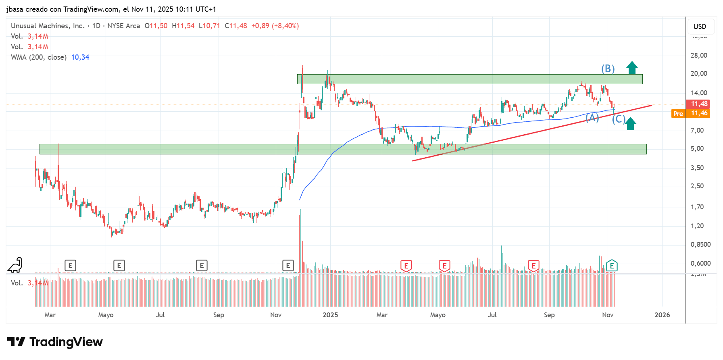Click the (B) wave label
pos(608,69)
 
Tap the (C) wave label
pos(619,119)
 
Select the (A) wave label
pos(592,117)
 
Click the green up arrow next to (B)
pos(632,68)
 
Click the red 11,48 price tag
pos(699,104)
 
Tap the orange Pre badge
pos(678,114)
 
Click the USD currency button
pos(700,27)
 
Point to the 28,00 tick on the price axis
pos(699,55)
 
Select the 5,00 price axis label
pos(697,148)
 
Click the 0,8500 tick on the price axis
pos(700,244)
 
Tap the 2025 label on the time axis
pos(330,315)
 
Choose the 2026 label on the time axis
pos(662,315)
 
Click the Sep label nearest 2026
pos(549,315)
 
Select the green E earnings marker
pos(612,266)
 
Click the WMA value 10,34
pos(80,57)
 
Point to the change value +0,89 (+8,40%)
pos(275,26)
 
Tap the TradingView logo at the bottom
pos(55,342)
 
